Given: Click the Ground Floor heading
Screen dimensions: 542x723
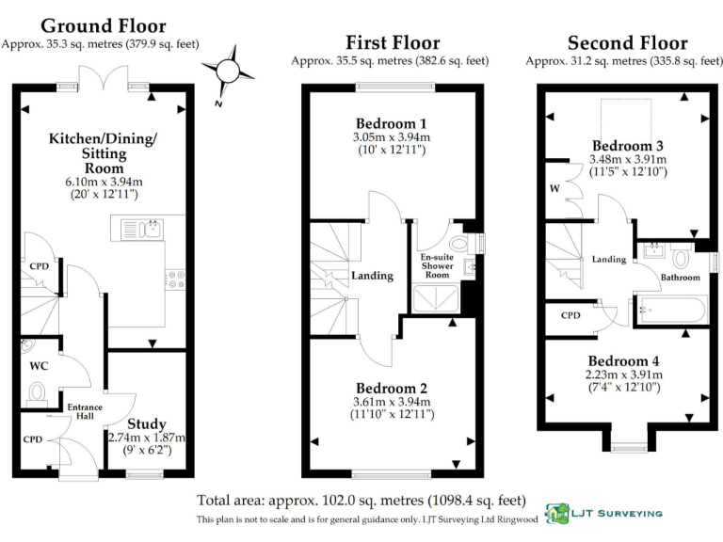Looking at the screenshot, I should pyautogui.click(x=104, y=26).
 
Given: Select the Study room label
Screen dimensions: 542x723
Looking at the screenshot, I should pyautogui.click(x=147, y=423).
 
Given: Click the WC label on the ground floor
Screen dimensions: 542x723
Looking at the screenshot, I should pyautogui.click(x=39, y=364).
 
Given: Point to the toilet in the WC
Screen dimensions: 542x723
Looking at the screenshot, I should pyautogui.click(x=38, y=391).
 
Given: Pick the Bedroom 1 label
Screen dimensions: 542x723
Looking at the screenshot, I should pyautogui.click(x=391, y=123).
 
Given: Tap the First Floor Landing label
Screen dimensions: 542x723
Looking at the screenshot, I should pyautogui.click(x=372, y=276).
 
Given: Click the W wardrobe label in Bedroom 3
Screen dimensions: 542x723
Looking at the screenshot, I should pyautogui.click(x=554, y=187).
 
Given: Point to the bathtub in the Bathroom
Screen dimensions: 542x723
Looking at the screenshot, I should pyautogui.click(x=670, y=310).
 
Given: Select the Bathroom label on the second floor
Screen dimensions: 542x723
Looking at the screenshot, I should pyautogui.click(x=680, y=278).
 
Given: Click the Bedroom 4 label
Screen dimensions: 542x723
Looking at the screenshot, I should pyautogui.click(x=618, y=361).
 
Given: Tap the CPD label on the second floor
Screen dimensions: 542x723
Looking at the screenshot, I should pyautogui.click(x=570, y=315).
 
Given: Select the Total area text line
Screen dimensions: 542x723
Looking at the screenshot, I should pyautogui.click(x=361, y=500).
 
